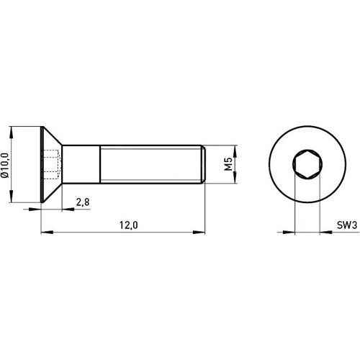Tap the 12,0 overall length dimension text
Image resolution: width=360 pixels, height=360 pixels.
click(128, 225)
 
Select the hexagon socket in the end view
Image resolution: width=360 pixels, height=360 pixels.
click(306, 165)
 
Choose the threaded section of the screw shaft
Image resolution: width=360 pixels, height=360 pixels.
click(151, 165)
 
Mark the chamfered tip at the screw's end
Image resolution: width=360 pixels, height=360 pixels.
click(204, 165)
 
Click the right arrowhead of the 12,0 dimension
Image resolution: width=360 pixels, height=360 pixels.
click(201, 232)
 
